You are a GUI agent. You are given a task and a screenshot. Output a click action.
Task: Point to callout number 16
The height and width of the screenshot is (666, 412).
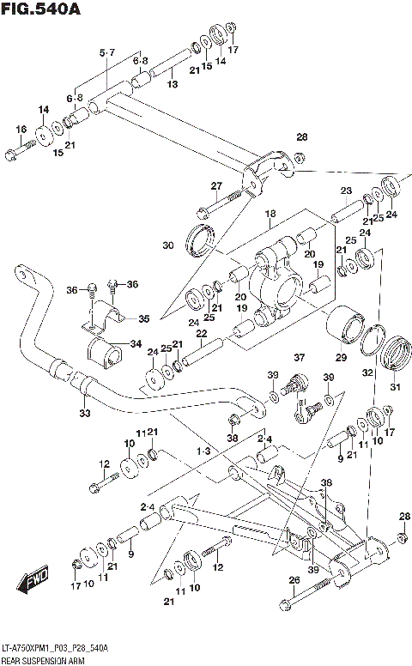click(x=21, y=130)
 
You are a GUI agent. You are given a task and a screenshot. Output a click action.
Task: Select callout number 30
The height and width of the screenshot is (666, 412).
click(x=167, y=245)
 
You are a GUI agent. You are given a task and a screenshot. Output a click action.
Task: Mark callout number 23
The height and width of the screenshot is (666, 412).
click(x=346, y=191)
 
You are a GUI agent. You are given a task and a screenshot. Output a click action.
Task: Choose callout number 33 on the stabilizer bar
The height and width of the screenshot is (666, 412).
click(x=83, y=413)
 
